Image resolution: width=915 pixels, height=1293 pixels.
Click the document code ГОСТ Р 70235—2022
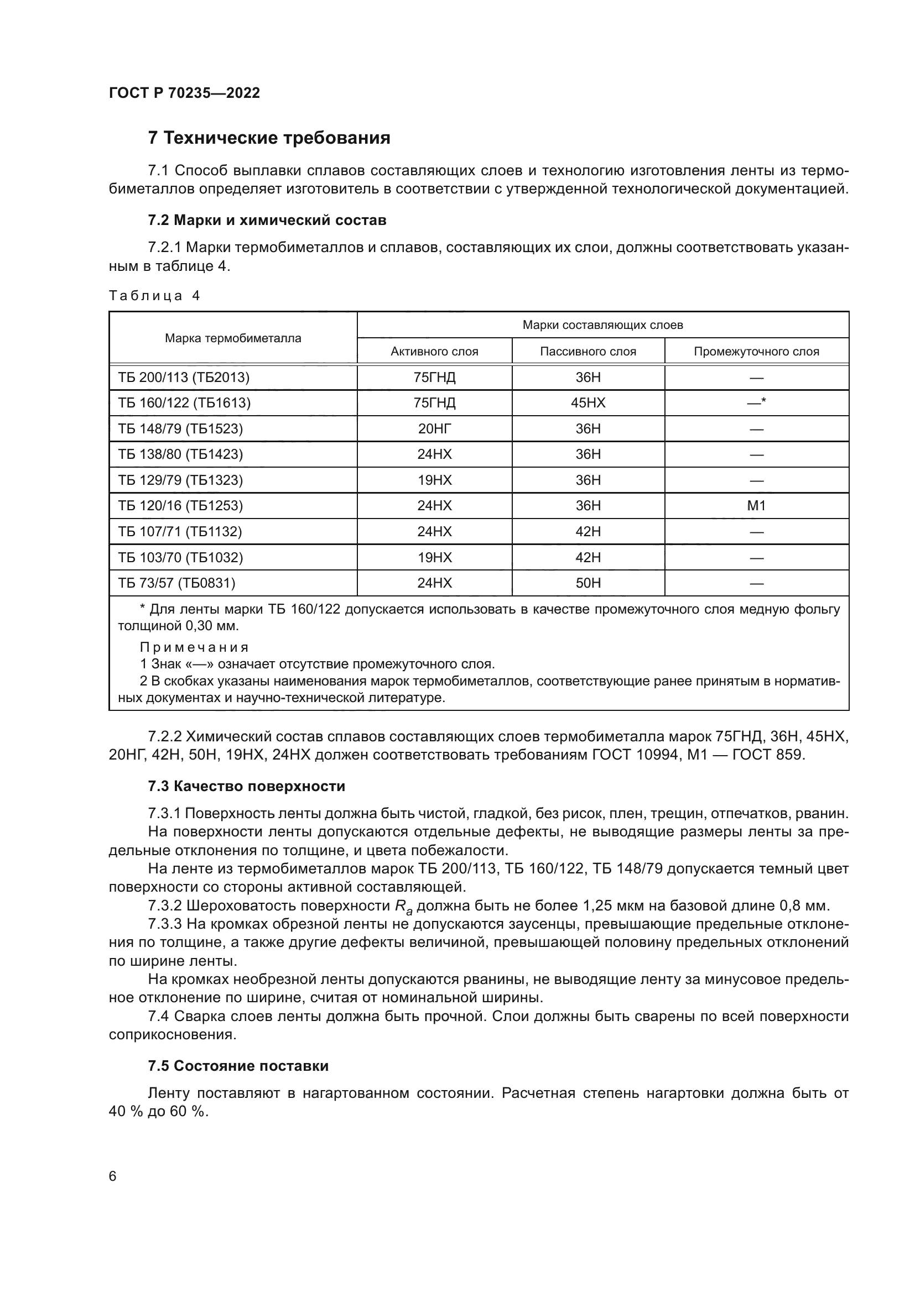pos(184,93)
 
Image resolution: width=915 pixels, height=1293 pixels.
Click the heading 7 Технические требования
pos(269,138)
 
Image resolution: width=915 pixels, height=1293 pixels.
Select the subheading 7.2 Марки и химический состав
pos(267,220)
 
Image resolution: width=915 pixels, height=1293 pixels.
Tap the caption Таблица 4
pos(154,296)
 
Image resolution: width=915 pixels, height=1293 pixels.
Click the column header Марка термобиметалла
pos(233,338)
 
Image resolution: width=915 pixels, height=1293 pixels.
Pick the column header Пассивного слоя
pos(588,352)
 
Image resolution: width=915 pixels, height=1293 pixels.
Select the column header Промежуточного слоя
pos(756,352)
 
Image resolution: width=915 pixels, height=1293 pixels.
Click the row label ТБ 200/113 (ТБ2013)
pos(183,378)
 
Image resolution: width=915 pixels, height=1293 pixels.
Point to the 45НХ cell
pos(588,403)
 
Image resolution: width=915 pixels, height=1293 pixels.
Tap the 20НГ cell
pos(434,429)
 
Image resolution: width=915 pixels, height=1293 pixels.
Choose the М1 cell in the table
pos(756,506)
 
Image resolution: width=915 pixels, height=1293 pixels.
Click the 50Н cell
pos(588,583)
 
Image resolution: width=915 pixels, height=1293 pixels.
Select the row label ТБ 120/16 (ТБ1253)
pos(180,506)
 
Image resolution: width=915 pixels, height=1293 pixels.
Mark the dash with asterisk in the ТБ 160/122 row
pos(756,402)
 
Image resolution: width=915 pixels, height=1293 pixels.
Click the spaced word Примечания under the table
pos(194,647)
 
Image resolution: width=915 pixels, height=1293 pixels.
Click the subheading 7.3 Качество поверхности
pos(246,786)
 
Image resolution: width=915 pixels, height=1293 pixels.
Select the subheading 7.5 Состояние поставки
pos(238,1066)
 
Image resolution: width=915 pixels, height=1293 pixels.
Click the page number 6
pos(113,1176)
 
